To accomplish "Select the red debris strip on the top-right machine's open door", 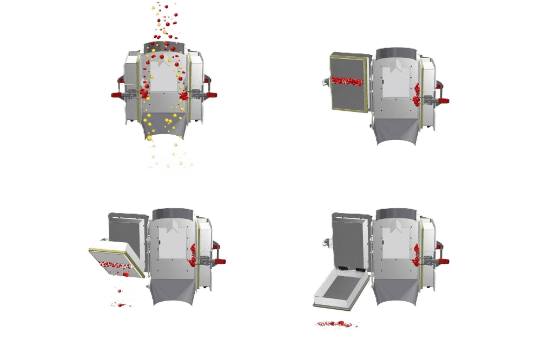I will coord(348,81).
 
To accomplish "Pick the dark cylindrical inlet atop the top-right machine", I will coord(397,54).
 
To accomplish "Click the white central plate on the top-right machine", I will coord(397,82).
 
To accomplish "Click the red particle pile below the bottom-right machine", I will coord(336,324).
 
